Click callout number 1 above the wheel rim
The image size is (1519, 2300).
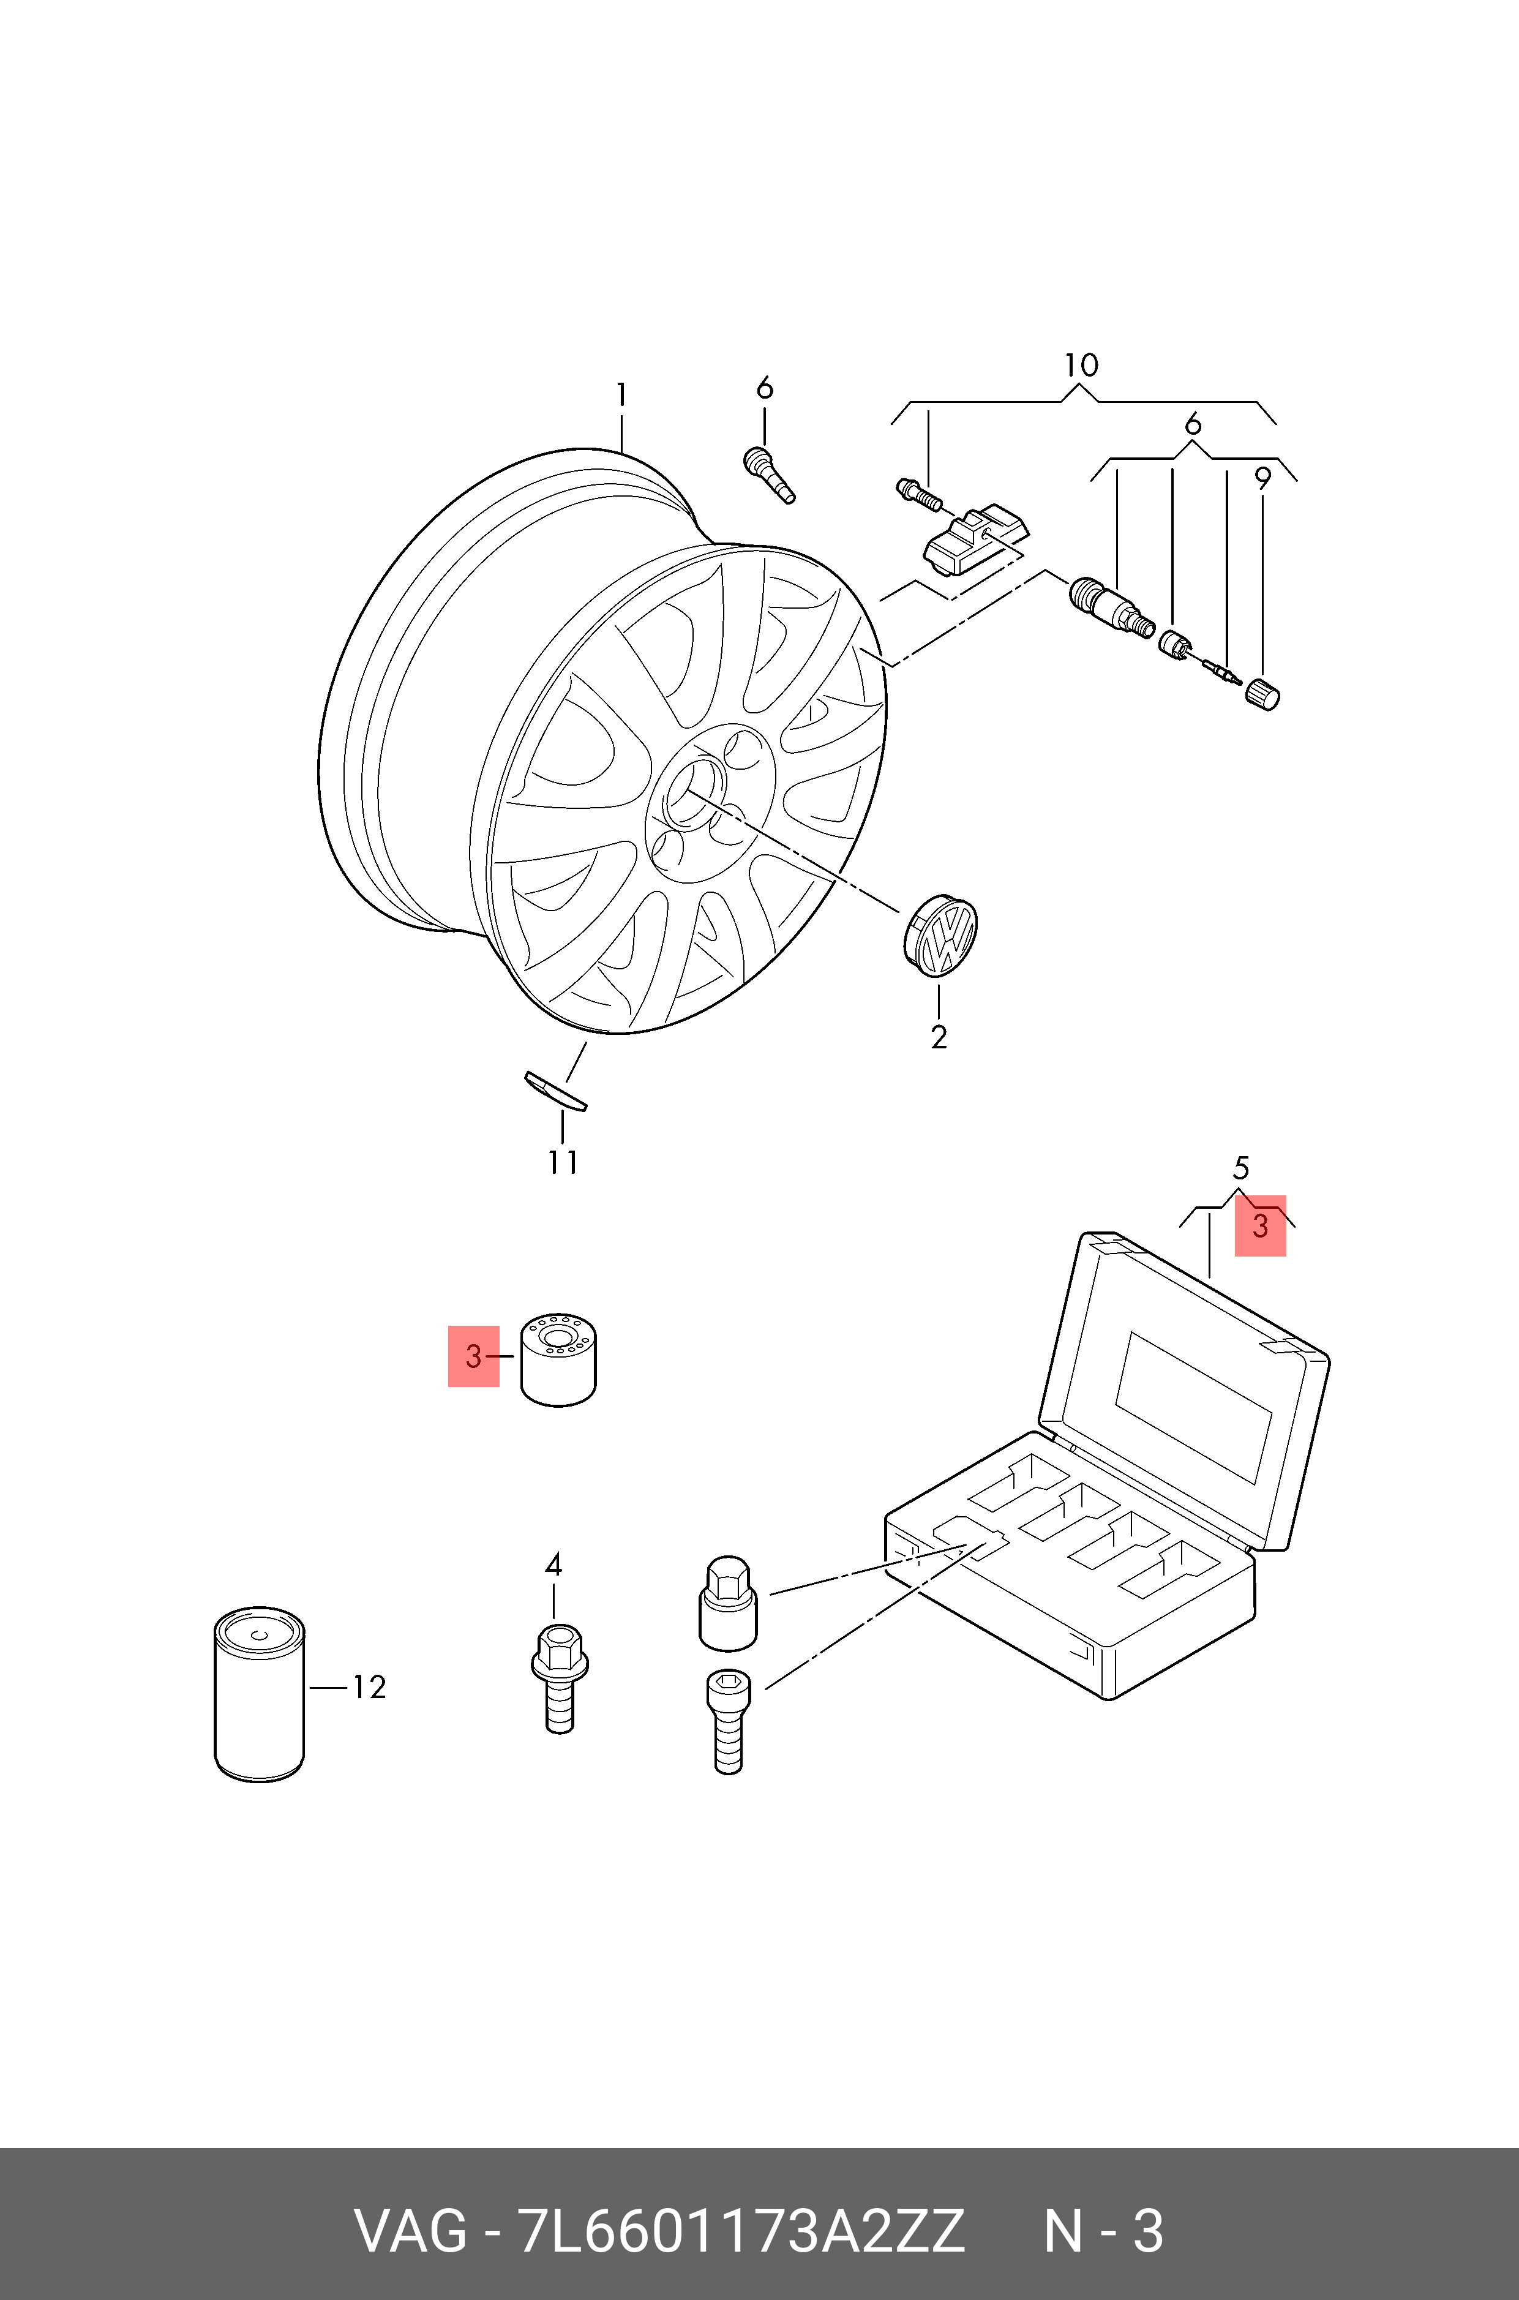[x=621, y=396]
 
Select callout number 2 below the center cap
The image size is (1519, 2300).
[x=938, y=1037]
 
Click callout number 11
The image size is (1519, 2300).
[x=563, y=1162]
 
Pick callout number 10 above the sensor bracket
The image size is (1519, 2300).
[x=1081, y=365]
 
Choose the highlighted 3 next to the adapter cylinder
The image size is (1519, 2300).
[x=473, y=1356]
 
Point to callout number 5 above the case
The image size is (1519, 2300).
[x=1241, y=1168]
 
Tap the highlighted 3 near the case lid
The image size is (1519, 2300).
[x=1259, y=1225]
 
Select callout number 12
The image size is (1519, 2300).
[x=368, y=1688]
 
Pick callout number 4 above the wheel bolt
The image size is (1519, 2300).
[x=553, y=1565]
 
